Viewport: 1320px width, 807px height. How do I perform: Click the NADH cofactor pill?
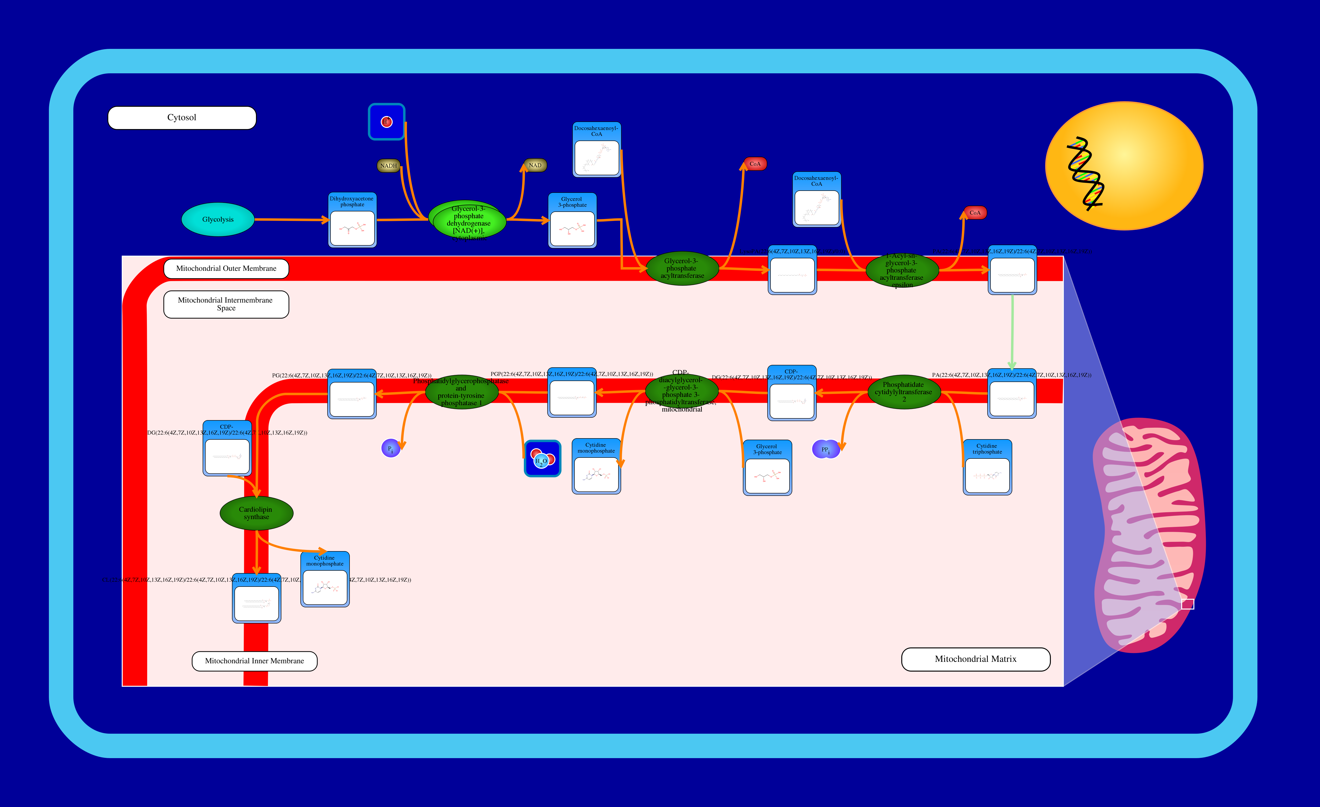(388, 165)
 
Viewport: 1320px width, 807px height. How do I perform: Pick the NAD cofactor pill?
(535, 165)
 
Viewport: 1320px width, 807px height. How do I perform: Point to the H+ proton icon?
(386, 121)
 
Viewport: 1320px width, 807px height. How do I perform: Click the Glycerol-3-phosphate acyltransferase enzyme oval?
(682, 268)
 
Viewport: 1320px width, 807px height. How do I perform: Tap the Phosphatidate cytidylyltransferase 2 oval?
(903, 392)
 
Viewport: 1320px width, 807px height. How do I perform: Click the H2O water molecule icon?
(542, 458)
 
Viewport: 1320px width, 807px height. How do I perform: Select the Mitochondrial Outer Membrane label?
(226, 268)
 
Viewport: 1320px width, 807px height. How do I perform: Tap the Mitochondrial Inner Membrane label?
(254, 661)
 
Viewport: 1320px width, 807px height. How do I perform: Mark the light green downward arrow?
(1012, 332)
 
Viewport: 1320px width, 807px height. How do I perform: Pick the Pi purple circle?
(391, 448)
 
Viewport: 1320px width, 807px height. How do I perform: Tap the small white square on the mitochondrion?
(1188, 604)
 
